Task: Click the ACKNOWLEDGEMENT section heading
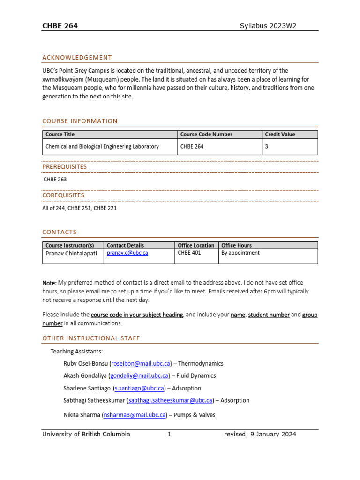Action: [77, 58]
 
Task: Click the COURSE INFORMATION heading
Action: [80, 121]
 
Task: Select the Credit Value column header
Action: [280, 135]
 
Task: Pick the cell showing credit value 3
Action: [267, 146]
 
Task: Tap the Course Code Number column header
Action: [206, 135]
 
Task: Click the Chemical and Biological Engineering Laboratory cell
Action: [102, 146]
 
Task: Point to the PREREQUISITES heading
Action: [64, 166]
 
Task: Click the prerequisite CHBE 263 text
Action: [55, 179]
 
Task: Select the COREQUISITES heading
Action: [63, 195]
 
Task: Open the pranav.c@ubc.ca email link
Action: [127, 253]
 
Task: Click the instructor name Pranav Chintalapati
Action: [71, 253]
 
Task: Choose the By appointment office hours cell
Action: [240, 253]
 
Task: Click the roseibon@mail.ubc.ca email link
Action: [141, 363]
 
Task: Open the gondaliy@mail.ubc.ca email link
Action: [139, 375]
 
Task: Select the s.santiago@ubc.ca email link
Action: [139, 388]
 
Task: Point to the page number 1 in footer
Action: [169, 434]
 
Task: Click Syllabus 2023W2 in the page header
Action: [268, 26]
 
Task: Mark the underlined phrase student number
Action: [269, 315]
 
